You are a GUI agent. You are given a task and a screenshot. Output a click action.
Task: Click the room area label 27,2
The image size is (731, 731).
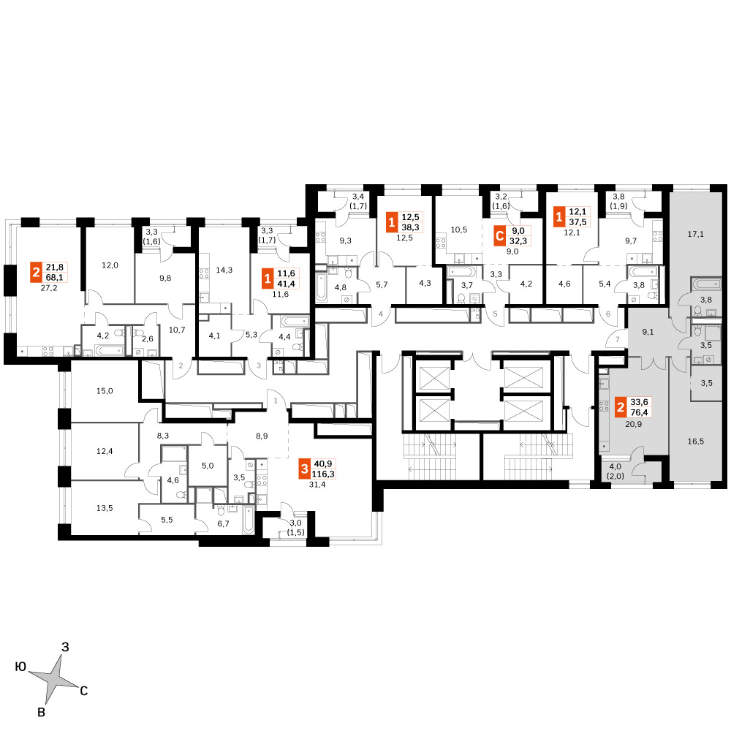(x=49, y=288)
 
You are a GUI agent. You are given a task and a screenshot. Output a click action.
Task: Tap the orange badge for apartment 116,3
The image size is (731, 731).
(x=304, y=469)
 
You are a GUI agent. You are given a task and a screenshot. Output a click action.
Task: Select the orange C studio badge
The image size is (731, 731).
(x=499, y=236)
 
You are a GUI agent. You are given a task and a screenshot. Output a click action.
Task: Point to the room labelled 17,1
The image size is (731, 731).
(x=696, y=234)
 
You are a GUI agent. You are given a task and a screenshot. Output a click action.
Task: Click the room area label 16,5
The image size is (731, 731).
(x=696, y=441)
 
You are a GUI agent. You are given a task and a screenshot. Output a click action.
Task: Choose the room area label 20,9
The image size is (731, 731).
(x=633, y=424)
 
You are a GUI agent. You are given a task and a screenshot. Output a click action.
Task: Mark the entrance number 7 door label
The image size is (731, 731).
(x=617, y=339)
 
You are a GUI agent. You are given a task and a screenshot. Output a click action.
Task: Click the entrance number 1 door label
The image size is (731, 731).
(x=276, y=401)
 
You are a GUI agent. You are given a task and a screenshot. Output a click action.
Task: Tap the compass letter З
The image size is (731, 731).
(x=65, y=647)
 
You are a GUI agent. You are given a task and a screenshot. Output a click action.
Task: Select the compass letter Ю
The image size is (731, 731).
(x=20, y=667)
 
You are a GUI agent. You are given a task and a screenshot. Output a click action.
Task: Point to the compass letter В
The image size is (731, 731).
(x=41, y=712)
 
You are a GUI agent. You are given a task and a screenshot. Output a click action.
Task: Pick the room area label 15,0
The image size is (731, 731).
(x=105, y=391)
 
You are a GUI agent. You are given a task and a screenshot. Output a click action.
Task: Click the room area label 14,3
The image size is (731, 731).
(x=224, y=270)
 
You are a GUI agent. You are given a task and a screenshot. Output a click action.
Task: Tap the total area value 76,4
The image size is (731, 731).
(x=639, y=412)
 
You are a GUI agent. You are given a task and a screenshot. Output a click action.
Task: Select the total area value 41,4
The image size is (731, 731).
(x=287, y=284)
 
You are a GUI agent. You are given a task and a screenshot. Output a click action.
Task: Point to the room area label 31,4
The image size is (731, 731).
(x=317, y=485)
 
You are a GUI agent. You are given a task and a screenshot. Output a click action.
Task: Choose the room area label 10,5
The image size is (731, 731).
(x=459, y=230)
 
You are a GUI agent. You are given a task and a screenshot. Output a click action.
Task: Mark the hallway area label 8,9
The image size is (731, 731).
(x=262, y=436)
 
